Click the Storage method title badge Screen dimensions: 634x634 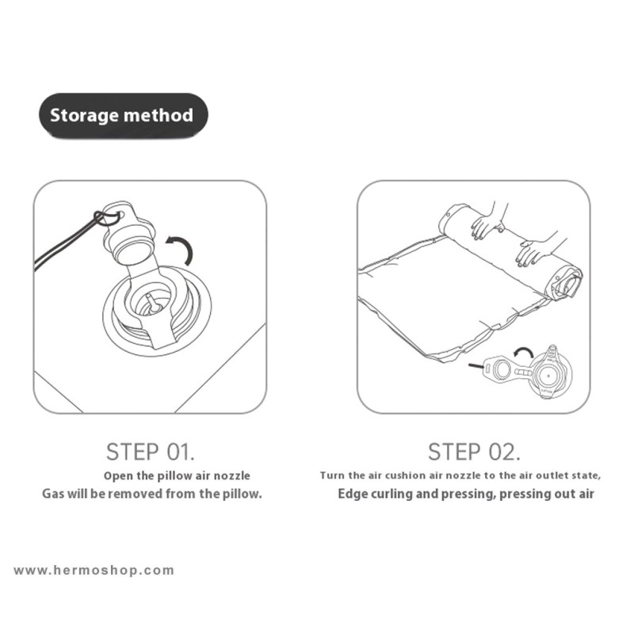[124, 116]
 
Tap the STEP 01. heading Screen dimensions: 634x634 [151, 452]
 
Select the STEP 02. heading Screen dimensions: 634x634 [474, 452]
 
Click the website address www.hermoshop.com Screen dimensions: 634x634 [94, 571]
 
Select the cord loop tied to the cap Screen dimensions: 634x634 [106, 218]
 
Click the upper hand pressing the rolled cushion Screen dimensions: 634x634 [488, 224]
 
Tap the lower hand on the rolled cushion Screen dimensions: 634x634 [536, 249]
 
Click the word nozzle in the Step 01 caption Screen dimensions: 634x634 [231, 475]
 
